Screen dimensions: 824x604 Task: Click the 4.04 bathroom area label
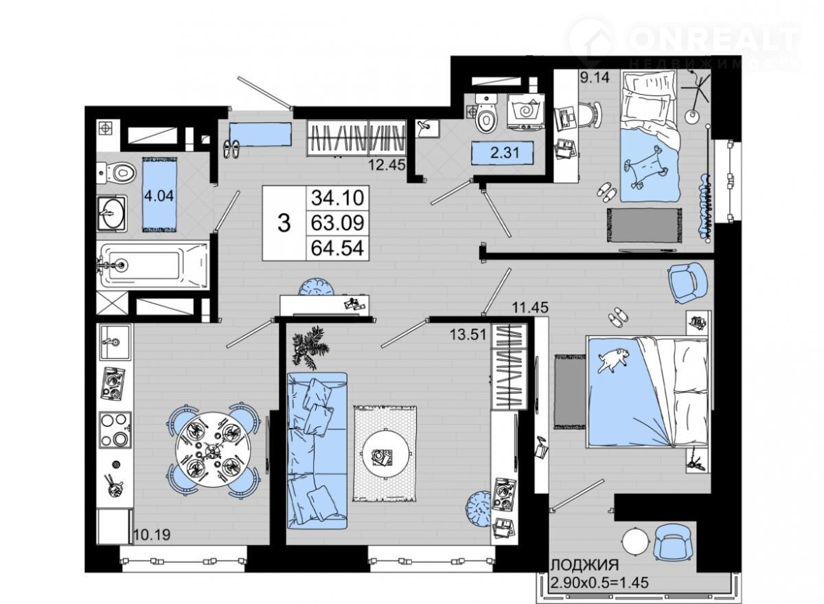(159, 195)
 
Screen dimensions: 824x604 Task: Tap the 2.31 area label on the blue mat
(505, 152)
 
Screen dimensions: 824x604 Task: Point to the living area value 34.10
(337, 198)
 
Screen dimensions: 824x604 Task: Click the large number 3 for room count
(284, 223)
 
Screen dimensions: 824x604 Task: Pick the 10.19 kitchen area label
(152, 535)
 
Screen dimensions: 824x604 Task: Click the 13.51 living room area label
(468, 335)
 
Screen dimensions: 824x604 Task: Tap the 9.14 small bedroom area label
(595, 77)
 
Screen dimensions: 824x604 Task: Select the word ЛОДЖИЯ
(585, 564)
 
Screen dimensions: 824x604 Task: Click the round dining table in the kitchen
(213, 449)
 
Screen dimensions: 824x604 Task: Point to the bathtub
(152, 265)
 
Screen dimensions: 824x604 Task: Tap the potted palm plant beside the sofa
(310, 347)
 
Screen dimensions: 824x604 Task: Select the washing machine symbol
(525, 111)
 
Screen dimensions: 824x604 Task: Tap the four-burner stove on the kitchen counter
(115, 429)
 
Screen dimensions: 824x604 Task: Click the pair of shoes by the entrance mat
(231, 148)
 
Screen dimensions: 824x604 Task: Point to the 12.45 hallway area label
(387, 164)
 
